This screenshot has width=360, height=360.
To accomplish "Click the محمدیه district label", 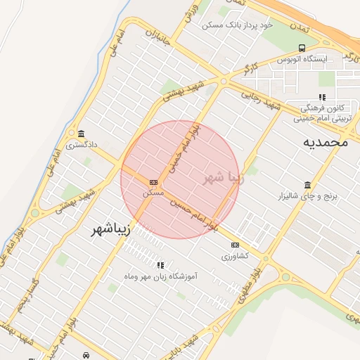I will coord(326,142).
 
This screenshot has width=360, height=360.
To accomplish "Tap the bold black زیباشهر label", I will coord(112,231).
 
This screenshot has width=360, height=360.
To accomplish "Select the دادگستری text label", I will coord(82,146).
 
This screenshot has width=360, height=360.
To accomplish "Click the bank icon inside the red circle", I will coord(153,181).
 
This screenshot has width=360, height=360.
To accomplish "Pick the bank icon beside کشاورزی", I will coord(235,245).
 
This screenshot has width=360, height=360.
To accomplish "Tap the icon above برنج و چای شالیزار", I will coord(308,185).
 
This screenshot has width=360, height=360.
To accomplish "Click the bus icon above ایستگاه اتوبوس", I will coord(302,48).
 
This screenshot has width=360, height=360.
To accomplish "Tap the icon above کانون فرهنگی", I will coord(322,97).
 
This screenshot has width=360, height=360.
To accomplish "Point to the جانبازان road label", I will coord(158,42).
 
